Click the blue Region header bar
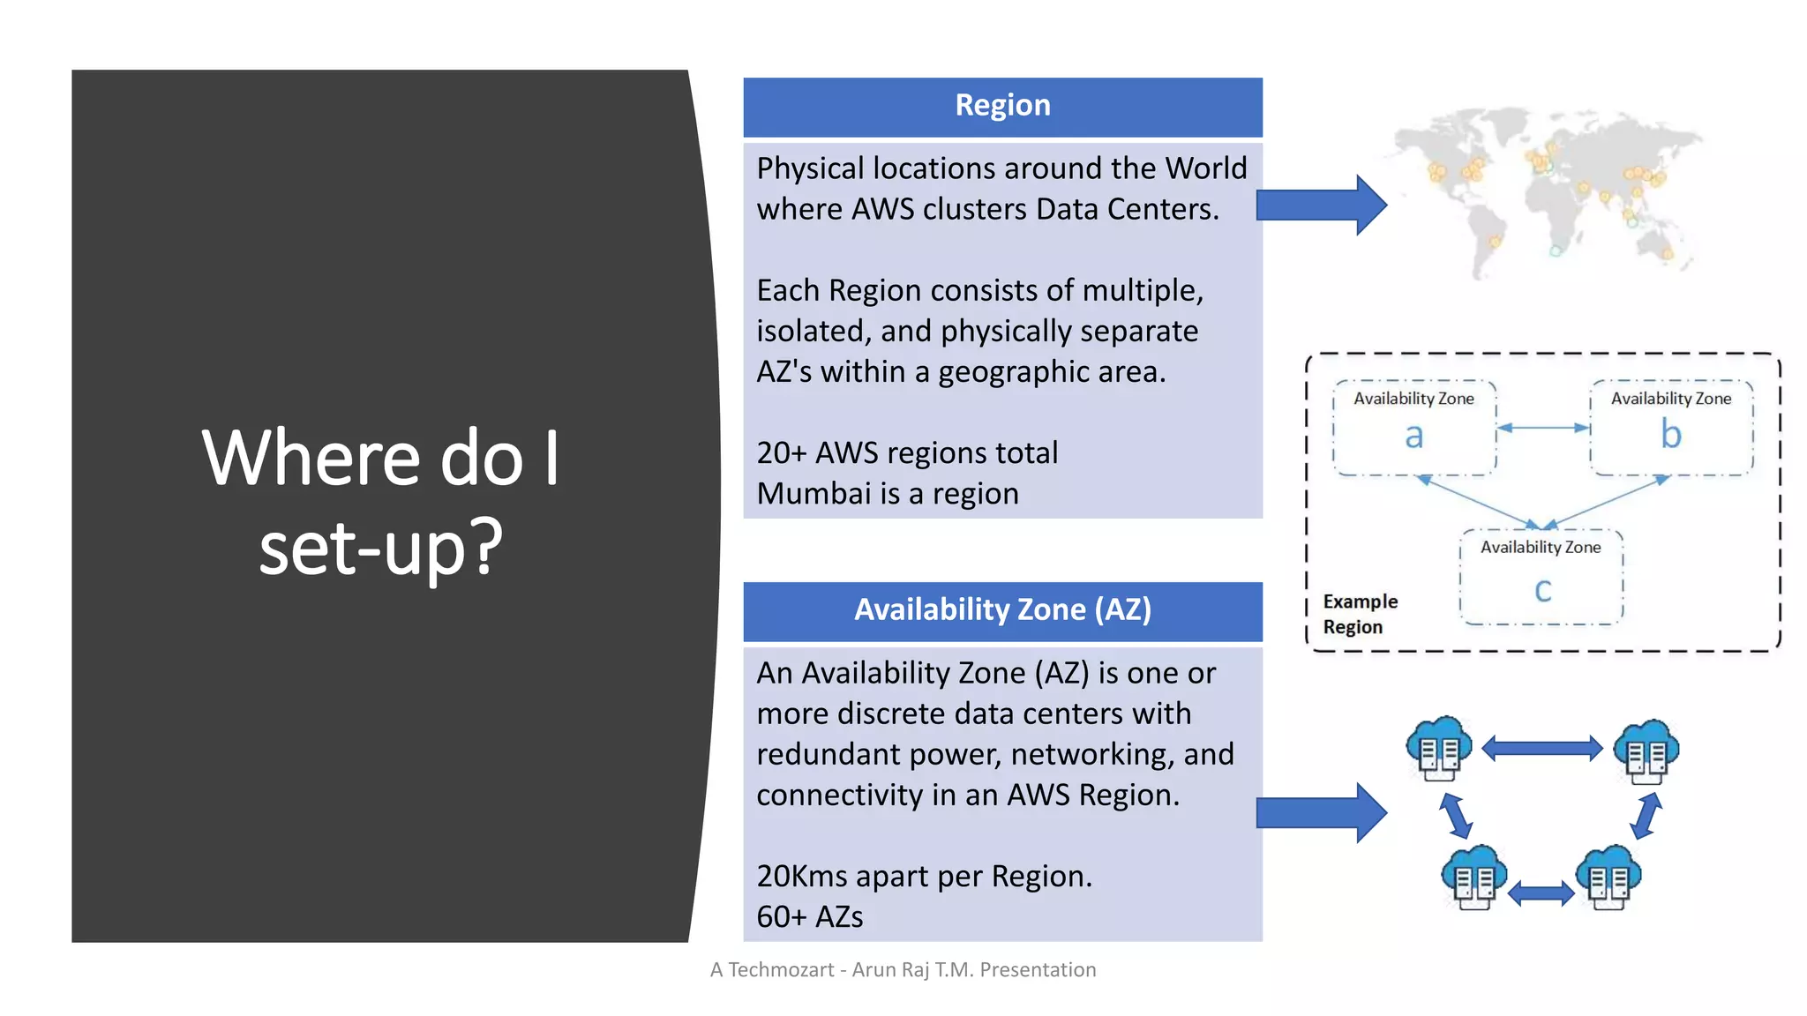(1002, 106)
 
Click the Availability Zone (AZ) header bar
(1002, 610)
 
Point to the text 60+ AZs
(809, 917)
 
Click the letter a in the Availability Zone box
(1413, 436)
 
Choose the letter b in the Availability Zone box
(1670, 434)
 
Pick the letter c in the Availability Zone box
(1542, 590)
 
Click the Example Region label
(1360, 614)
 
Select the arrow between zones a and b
(1543, 428)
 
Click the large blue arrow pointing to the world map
(1320, 205)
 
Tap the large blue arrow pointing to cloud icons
(1320, 812)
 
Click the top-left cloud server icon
(1438, 749)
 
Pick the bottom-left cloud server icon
(1473, 878)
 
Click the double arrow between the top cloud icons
(1541, 749)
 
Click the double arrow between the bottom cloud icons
(1541, 894)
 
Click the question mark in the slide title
(484, 547)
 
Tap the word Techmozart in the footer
(781, 970)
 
